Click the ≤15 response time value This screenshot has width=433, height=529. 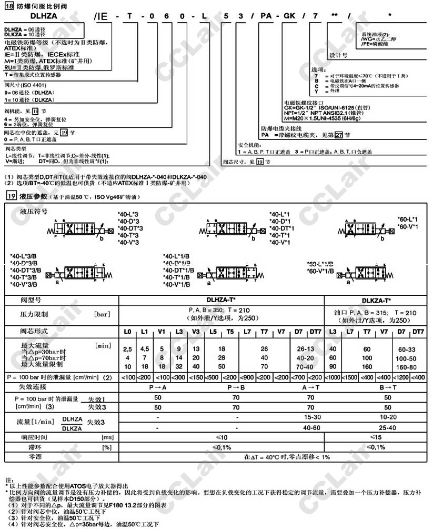(376, 437)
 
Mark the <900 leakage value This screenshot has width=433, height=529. (247, 377)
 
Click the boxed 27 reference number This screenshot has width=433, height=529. (338, 135)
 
